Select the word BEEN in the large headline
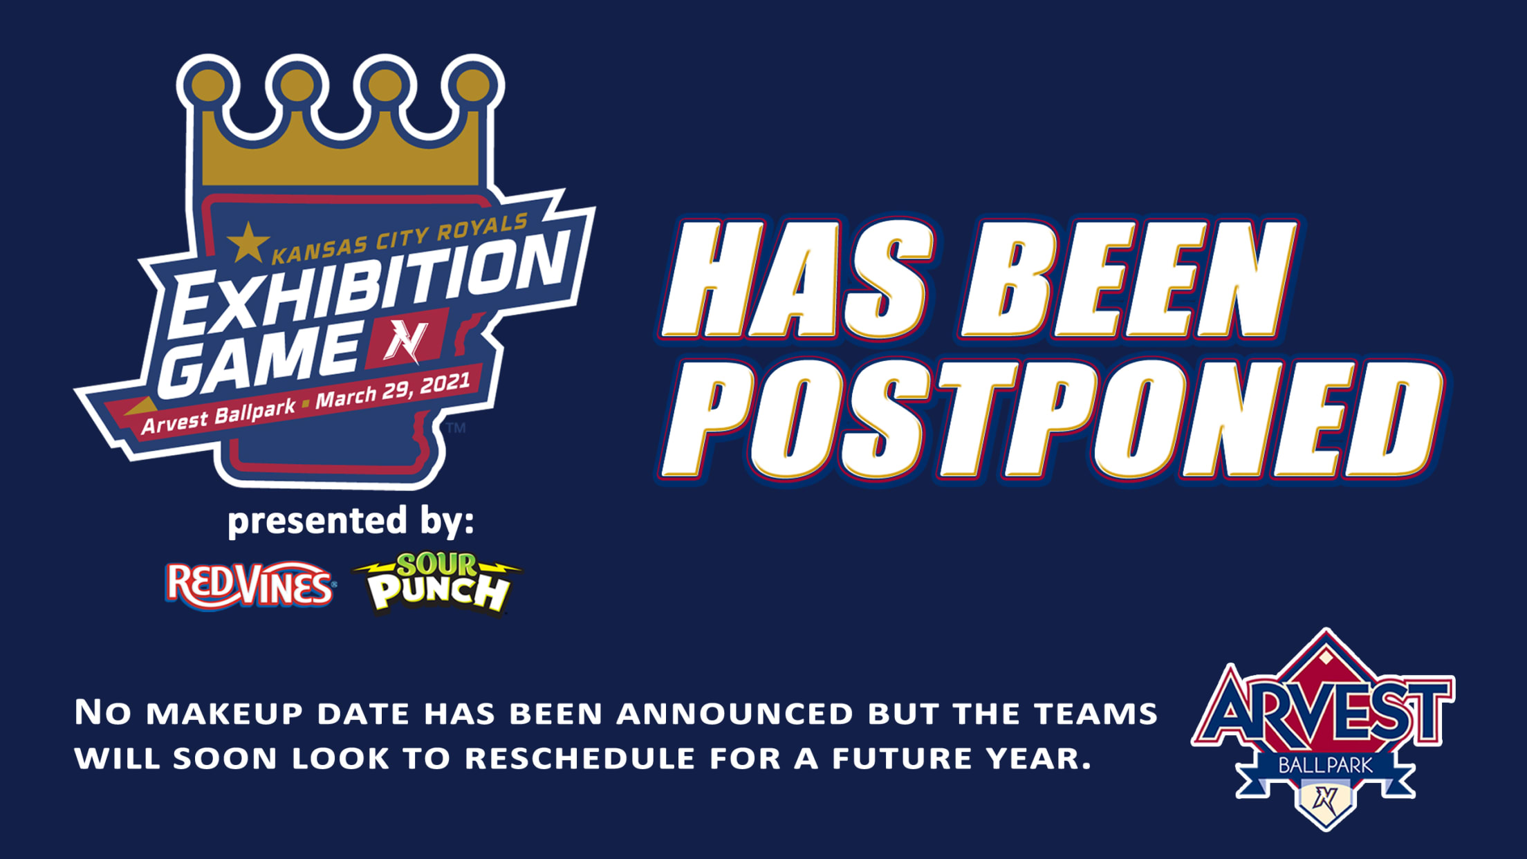point(1128,280)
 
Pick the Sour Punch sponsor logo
point(437,584)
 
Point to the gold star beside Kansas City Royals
point(248,243)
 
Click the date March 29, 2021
point(393,391)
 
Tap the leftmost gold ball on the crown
point(207,85)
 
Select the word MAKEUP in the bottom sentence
point(225,714)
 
